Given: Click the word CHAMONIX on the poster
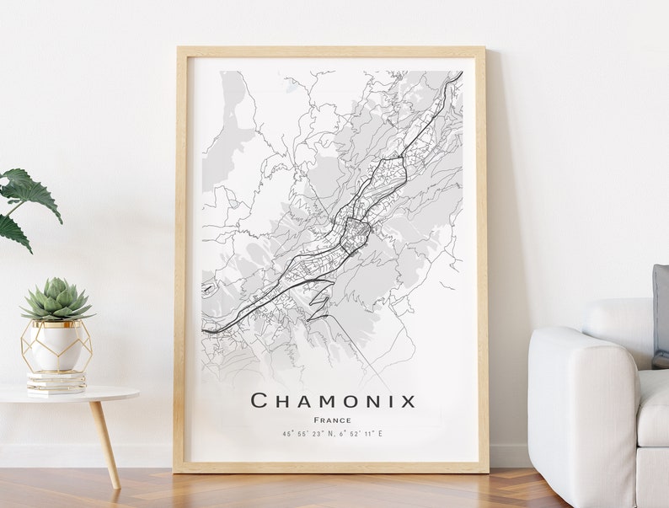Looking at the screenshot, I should pyautogui.click(x=334, y=400).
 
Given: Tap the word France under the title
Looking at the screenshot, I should pyautogui.click(x=332, y=420).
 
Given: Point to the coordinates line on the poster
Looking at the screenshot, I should pyautogui.click(x=332, y=434).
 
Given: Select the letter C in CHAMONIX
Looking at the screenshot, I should pyautogui.click(x=260, y=400).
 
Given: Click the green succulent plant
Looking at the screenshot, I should pyautogui.click(x=56, y=299).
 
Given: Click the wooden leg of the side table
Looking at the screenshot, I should pyautogui.click(x=104, y=442).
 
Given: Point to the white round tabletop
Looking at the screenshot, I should pyautogui.click(x=67, y=393).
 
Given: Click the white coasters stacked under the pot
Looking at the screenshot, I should pyautogui.click(x=56, y=382).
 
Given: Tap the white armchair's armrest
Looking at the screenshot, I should pyautogui.click(x=581, y=354).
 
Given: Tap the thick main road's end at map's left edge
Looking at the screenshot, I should pyautogui.click(x=205, y=330).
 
